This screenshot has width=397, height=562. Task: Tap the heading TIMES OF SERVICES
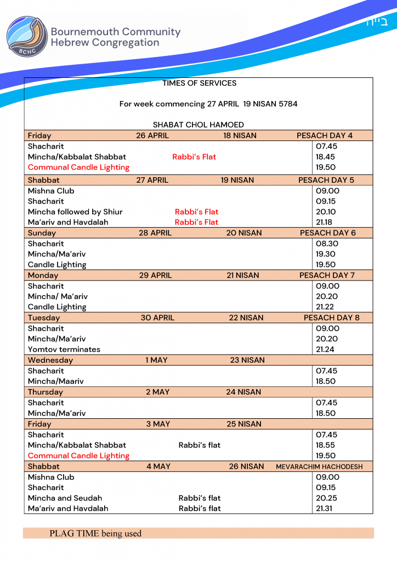199,83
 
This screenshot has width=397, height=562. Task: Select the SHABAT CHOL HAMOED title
198,125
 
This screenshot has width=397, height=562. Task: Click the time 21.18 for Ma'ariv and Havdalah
326,222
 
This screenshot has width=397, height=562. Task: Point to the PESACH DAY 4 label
325,136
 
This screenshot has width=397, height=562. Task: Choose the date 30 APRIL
157,318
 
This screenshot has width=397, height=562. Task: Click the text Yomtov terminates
64,349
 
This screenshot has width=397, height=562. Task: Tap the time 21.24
326,349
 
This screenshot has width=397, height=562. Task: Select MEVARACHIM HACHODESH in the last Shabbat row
319,467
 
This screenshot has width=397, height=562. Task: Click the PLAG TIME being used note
95,533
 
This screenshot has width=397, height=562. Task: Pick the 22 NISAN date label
246,318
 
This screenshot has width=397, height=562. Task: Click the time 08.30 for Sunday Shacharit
327,244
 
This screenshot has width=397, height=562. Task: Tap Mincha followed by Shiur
75,212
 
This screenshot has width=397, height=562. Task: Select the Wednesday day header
50,360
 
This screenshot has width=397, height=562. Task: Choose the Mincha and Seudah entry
65,498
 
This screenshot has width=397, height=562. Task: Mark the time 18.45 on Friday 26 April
326,157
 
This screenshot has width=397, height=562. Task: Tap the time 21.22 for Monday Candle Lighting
326,307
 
